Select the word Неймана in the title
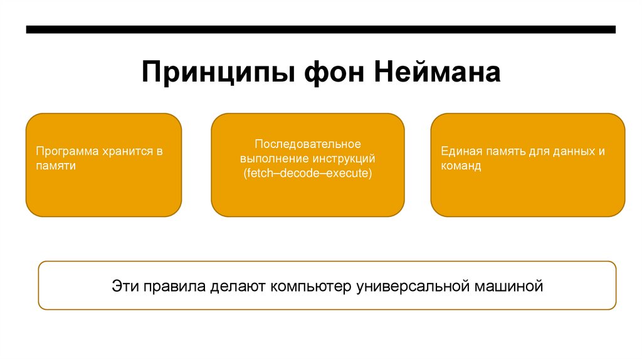(x=438, y=72)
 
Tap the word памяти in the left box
(x=56, y=166)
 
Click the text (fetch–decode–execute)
(x=307, y=173)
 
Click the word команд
(x=461, y=166)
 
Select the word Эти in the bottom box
(x=125, y=287)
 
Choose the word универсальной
(x=413, y=287)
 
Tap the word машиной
(x=508, y=287)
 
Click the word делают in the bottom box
(x=238, y=287)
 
